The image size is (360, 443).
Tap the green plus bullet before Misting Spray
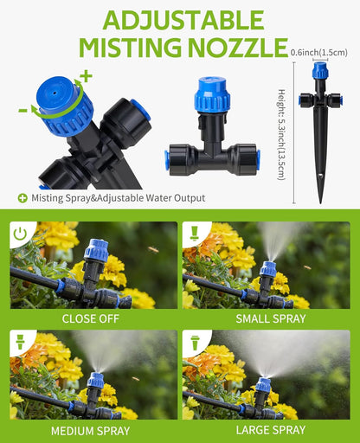[x=22, y=197]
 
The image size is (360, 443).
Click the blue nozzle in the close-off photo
[x=95, y=253]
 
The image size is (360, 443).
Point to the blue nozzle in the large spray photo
[x=263, y=385]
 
